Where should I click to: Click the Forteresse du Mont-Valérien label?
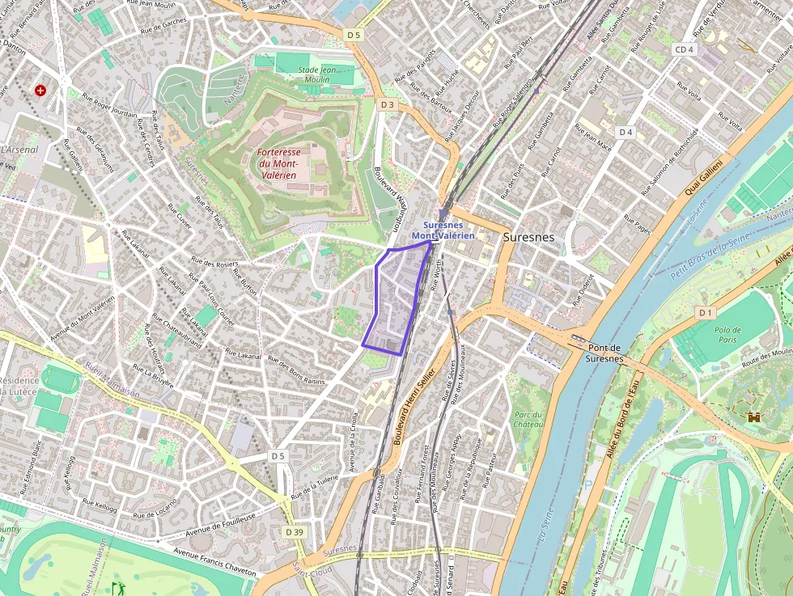pos(277,163)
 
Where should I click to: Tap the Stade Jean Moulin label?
pos(316,74)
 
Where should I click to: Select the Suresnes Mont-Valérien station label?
pos(443,230)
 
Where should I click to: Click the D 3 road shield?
pos(387,104)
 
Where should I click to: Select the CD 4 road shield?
pos(684,49)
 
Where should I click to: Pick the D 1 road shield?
pos(706,312)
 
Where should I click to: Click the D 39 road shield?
pos(295,531)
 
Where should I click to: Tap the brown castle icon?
pos(754,417)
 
